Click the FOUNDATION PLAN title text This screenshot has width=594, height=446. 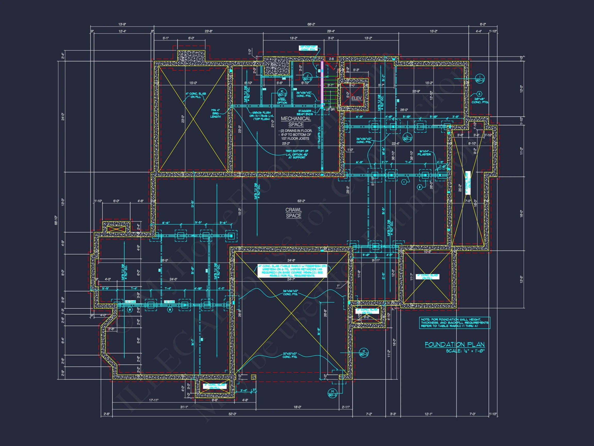click(x=455, y=345)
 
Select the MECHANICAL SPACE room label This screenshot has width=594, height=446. click(x=296, y=122)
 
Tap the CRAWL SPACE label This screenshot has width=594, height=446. click(x=293, y=213)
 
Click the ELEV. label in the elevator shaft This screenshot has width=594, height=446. click(x=357, y=98)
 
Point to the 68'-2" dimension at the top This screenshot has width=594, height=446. click(x=311, y=25)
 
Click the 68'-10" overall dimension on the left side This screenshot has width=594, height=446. click(x=56, y=220)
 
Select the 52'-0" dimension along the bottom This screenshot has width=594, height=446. click(x=232, y=414)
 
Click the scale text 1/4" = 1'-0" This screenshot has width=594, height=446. click(x=465, y=351)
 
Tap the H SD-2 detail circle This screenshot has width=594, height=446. click(x=364, y=353)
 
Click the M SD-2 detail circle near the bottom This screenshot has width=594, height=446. click(x=332, y=393)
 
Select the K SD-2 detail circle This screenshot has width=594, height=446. click(x=282, y=93)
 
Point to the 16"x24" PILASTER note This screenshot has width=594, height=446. click(x=424, y=153)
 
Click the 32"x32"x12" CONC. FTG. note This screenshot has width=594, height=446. click(x=290, y=355)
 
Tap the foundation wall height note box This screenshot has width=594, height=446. click(x=455, y=323)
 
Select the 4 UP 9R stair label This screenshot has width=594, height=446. click(x=329, y=109)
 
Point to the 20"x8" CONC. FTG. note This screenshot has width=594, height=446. click(x=480, y=101)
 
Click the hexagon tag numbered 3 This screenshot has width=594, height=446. click(x=479, y=94)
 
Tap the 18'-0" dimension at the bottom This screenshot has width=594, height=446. click(x=297, y=407)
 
